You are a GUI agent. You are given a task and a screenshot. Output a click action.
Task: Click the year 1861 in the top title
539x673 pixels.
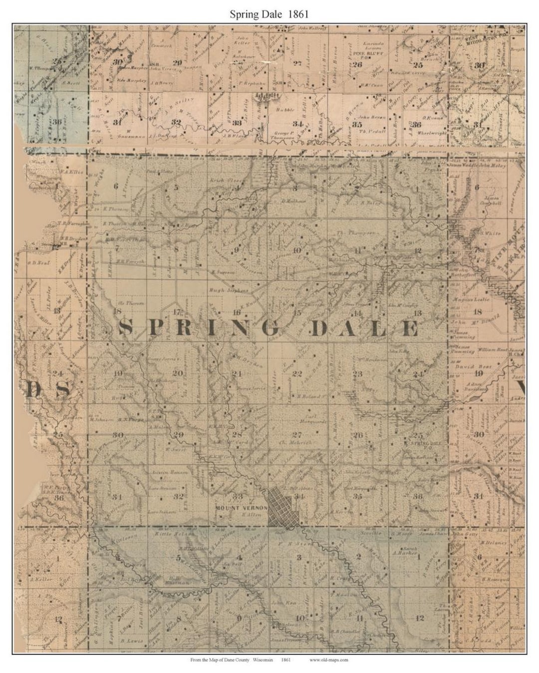pos(297,14)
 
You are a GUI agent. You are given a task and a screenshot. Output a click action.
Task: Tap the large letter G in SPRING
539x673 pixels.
pos(268,328)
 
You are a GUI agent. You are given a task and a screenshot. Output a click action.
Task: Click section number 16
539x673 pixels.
pos(237,313)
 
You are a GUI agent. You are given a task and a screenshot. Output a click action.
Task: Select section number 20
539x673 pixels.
pos(177,373)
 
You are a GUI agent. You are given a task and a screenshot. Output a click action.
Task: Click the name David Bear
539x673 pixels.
pos(466,366)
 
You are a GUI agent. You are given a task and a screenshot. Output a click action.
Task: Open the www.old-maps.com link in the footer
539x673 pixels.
pos(328,660)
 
